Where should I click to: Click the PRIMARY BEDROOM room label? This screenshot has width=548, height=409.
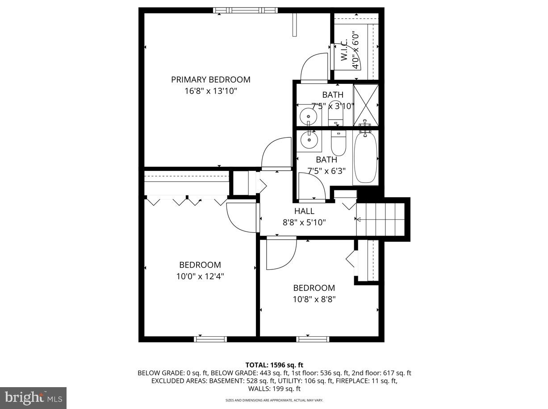click(x=210, y=80)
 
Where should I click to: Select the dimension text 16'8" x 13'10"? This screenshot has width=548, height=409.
click(x=210, y=91)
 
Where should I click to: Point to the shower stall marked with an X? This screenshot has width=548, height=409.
click(x=365, y=105)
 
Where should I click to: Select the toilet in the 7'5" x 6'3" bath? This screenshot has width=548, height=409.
click(x=338, y=142)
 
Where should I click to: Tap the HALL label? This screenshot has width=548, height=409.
click(x=304, y=211)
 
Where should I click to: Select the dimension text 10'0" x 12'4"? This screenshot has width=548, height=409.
click(x=200, y=277)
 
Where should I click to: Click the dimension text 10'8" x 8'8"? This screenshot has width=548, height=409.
click(x=314, y=299)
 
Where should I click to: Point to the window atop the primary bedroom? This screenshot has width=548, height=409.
click(x=245, y=10)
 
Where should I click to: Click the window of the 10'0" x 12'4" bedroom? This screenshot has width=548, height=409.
click(x=210, y=339)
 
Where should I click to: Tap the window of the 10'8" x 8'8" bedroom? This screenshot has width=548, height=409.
click(x=313, y=339)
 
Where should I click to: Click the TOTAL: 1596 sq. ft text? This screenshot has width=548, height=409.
click(x=274, y=365)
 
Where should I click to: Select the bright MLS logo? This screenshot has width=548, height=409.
click(x=33, y=397)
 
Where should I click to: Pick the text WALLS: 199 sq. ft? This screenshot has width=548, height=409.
click(x=274, y=389)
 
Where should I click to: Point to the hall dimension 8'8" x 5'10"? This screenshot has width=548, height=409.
click(x=304, y=222)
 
